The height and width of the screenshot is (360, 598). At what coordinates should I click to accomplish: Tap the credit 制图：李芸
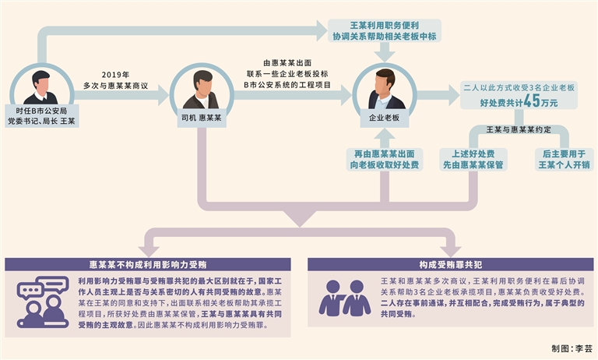[572, 348]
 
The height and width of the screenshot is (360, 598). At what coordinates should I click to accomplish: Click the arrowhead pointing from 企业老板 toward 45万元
[453, 95]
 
